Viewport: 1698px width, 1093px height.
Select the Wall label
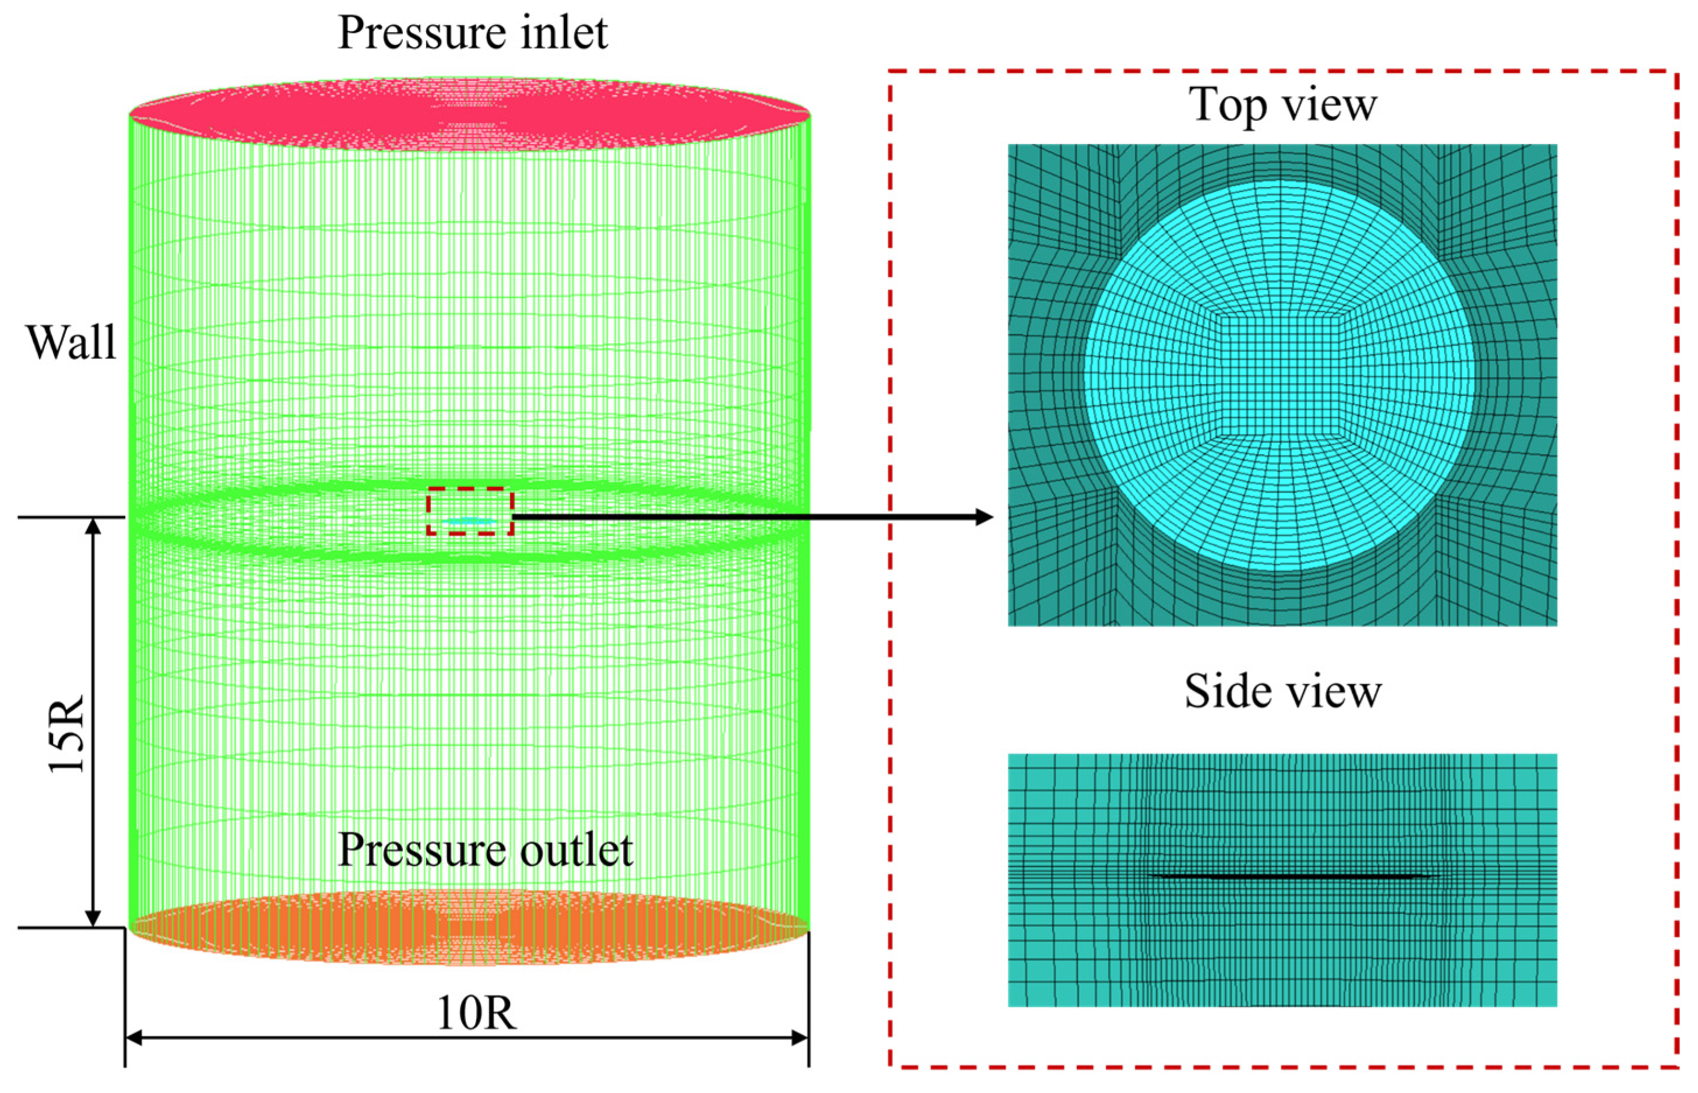pos(71,343)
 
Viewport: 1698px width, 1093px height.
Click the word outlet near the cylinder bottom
pos(576,849)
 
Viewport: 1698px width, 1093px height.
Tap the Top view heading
pos(1282,106)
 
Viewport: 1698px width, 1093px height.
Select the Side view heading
pos(1282,691)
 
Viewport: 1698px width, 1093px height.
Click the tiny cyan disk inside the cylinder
pos(469,522)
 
